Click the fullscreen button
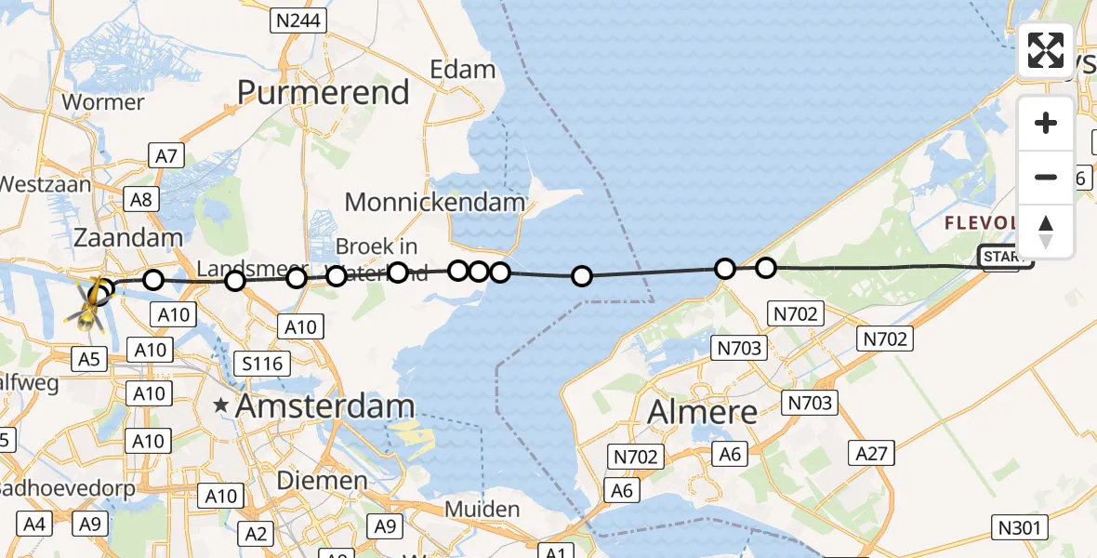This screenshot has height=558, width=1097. click(1046, 50)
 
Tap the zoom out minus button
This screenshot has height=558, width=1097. click(1046, 177)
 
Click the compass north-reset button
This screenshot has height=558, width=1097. click(1046, 231)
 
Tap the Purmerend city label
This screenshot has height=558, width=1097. click(324, 92)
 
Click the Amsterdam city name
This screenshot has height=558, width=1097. click(324, 405)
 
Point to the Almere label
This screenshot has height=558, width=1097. click(702, 410)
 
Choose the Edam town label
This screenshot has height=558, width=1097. click(462, 69)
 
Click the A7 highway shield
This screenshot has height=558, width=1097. click(166, 156)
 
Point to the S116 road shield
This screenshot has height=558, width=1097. click(262, 363)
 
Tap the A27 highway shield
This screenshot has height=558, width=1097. click(872, 453)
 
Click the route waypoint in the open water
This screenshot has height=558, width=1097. click(582, 276)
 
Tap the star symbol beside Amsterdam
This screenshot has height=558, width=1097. click(221, 405)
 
